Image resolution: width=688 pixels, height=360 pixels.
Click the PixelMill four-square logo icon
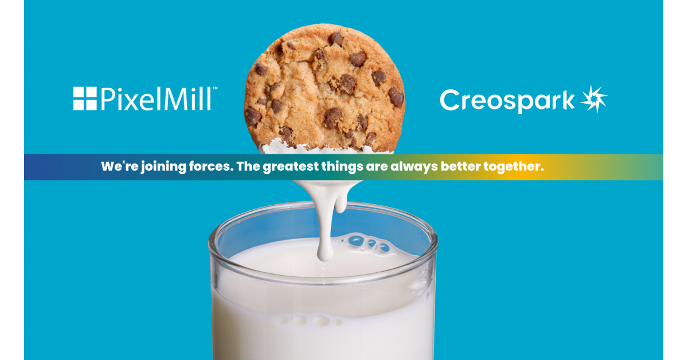tap(84, 99)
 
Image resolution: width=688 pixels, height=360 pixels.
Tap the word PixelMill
tap(156, 99)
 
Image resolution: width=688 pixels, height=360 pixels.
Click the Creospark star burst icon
tap(593, 99)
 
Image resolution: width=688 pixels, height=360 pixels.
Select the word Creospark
tap(507, 100)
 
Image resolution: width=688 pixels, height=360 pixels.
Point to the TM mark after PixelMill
tap(215, 89)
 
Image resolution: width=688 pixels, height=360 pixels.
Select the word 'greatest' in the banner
tap(292, 167)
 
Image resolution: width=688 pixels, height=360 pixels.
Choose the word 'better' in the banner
tap(460, 167)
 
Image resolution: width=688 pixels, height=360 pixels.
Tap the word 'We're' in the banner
tap(116, 167)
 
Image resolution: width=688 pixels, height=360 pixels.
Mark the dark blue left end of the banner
tap(40, 167)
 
